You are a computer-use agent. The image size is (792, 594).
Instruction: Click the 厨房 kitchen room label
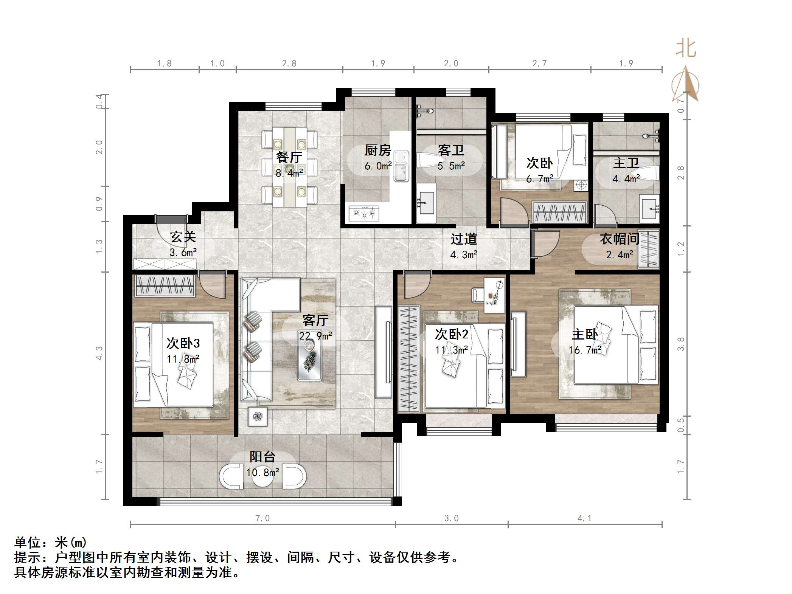coord(377,150)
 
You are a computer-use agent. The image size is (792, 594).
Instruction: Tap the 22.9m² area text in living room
coord(315,336)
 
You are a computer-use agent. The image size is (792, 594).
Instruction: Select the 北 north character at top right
coord(686,49)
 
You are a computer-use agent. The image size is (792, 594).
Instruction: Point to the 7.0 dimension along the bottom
coord(262,518)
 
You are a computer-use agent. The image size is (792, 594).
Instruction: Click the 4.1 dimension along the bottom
coord(584,518)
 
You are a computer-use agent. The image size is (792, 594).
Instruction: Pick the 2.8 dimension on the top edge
coord(289,64)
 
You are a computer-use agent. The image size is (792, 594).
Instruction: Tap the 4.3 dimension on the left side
coord(99,353)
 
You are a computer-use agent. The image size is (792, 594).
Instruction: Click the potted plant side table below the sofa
coord(258,416)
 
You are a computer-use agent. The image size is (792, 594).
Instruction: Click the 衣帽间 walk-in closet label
coord(619,239)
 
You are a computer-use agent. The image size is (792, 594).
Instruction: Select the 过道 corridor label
coord(464,239)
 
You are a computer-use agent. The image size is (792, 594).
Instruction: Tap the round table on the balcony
coord(262,477)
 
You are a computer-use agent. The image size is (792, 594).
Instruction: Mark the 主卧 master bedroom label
coord(585,334)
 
